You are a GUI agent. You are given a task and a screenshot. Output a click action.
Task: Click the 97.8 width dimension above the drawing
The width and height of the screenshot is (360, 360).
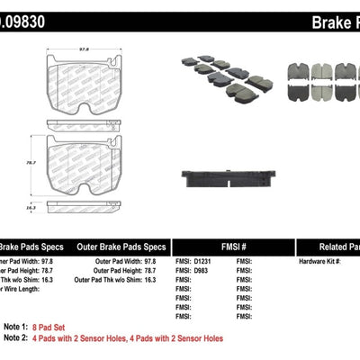(85, 51)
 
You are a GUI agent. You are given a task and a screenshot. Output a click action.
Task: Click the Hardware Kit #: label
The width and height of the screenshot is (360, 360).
(320, 261)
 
